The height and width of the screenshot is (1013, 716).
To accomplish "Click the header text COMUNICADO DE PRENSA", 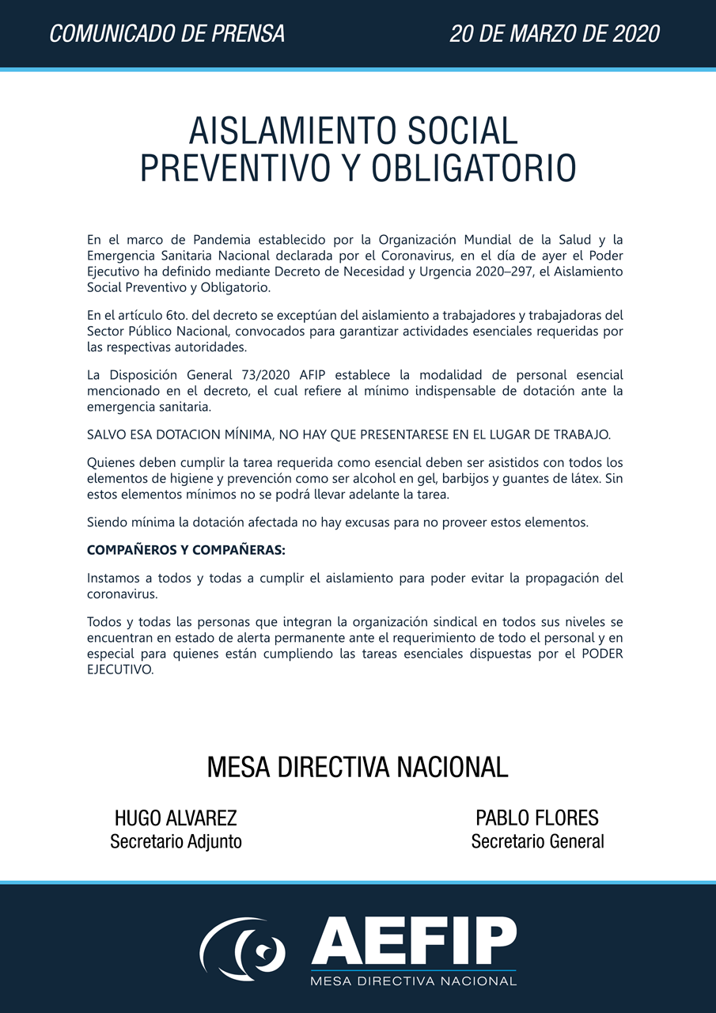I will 167,34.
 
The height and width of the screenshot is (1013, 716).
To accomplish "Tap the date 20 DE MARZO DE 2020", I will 555,34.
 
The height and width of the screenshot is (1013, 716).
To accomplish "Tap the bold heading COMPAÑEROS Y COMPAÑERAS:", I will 186,550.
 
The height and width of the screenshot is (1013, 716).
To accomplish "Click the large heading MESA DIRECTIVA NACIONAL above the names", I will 358,767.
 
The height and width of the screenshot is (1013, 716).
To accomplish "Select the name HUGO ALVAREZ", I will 176,818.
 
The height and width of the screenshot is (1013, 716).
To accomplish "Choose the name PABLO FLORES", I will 537,818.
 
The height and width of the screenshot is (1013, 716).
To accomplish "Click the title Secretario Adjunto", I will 176,841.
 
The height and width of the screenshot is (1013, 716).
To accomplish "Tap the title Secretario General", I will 537,841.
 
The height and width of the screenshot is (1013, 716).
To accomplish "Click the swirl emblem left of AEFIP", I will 243,947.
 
